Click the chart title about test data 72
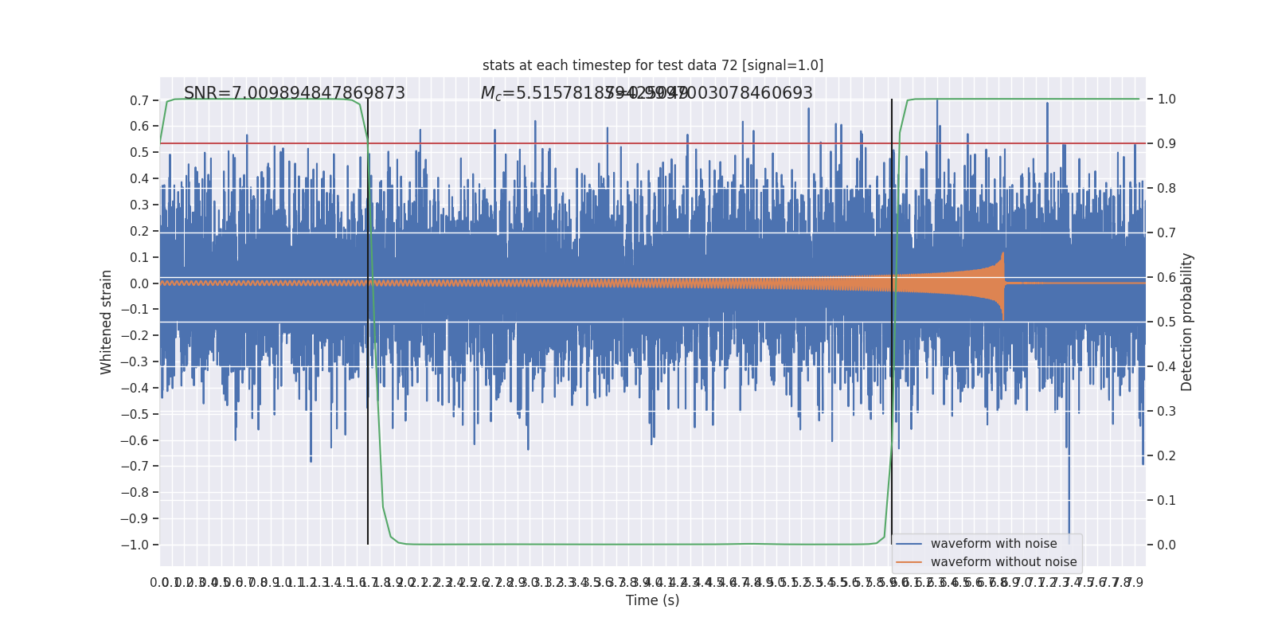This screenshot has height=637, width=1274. pyautogui.click(x=653, y=65)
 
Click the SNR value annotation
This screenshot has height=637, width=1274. pyautogui.click(x=295, y=93)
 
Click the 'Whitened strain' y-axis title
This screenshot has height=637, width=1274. pyautogui.click(x=107, y=322)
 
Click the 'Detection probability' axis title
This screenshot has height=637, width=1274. pyautogui.click(x=1187, y=322)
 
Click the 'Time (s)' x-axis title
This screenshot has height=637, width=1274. pyautogui.click(x=653, y=600)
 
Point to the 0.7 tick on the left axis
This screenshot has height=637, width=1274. pyautogui.click(x=139, y=100)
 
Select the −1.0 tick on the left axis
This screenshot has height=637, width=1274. pyautogui.click(x=137, y=545)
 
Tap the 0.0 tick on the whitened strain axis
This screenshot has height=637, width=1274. pyautogui.click(x=139, y=283)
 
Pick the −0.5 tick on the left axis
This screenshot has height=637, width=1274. pyautogui.click(x=137, y=414)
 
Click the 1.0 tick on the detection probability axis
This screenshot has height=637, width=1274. pyautogui.click(x=1167, y=100)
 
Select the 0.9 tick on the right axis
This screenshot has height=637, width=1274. pyautogui.click(x=1167, y=144)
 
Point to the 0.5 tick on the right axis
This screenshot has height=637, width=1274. pyautogui.click(x=1167, y=322)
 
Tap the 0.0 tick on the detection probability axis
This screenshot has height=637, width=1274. pyautogui.click(x=1167, y=545)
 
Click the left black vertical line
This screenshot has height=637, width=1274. pyautogui.click(x=368, y=318)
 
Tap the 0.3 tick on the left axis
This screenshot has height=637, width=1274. pyautogui.click(x=139, y=205)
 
